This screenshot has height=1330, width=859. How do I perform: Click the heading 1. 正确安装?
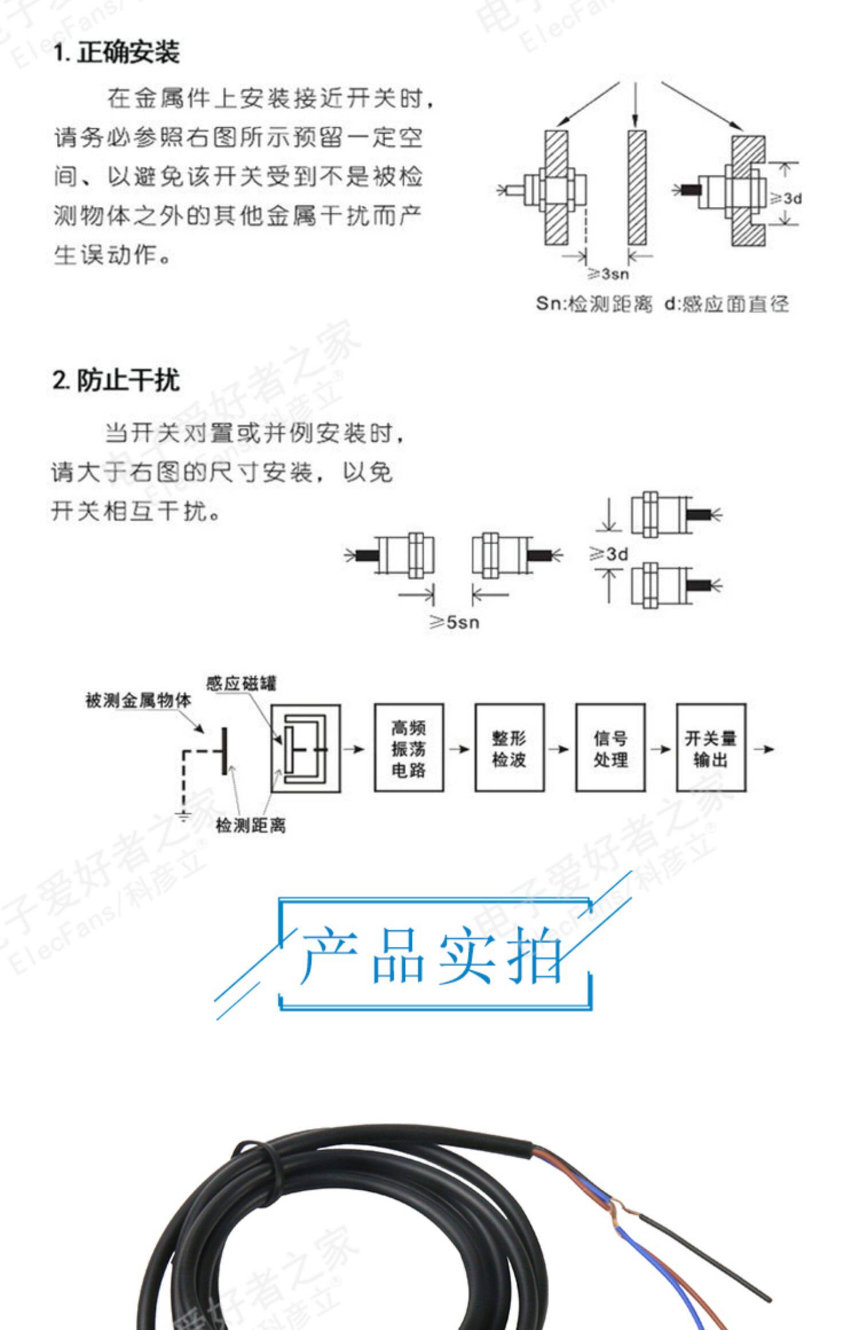[x=116, y=53]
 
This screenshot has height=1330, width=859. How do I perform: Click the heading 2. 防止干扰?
[x=116, y=380]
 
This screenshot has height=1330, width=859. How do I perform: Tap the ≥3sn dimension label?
[x=608, y=274]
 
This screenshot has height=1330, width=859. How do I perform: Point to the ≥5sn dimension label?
[x=454, y=622]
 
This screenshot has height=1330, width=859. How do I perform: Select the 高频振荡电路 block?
[x=409, y=748]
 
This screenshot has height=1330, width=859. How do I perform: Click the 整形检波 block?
[x=509, y=748]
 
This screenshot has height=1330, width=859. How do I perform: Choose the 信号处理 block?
[x=610, y=748]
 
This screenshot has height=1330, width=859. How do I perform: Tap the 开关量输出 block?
[x=711, y=748]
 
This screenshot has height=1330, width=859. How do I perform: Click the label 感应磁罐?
[x=241, y=683]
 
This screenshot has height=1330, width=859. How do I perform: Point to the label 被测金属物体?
[x=138, y=700]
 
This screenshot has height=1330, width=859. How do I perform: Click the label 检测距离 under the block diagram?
[x=250, y=825]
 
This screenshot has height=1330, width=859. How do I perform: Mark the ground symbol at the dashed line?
[x=183, y=816]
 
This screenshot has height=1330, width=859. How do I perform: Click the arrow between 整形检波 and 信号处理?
[x=559, y=749]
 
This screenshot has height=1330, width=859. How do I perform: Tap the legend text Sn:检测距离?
[x=594, y=304]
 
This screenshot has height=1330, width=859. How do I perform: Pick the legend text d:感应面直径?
[x=726, y=304]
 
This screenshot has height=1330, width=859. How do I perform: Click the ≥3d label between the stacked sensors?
[x=609, y=554]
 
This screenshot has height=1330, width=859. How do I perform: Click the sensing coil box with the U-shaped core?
[x=305, y=748]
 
